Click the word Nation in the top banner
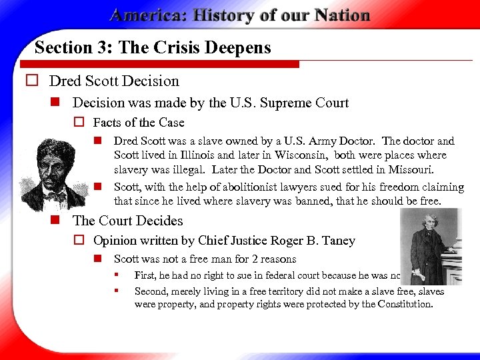coord(337,15)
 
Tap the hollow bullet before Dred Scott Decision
coord(31,81)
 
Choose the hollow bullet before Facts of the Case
coord(78,123)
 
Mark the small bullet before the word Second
coord(117,291)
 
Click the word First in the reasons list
coord(145,275)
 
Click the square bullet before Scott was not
coord(97,259)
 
